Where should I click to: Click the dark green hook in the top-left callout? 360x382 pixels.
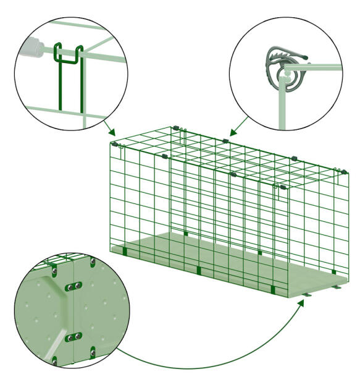click(x=69, y=53)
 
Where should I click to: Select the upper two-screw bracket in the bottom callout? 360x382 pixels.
click(x=75, y=287)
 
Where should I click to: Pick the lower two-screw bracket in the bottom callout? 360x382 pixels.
click(x=75, y=336)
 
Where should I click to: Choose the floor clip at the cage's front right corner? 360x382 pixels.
click(x=273, y=290)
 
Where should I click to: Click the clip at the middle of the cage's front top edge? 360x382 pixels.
click(x=232, y=175)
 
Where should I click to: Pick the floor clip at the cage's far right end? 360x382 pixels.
click(x=334, y=271)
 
